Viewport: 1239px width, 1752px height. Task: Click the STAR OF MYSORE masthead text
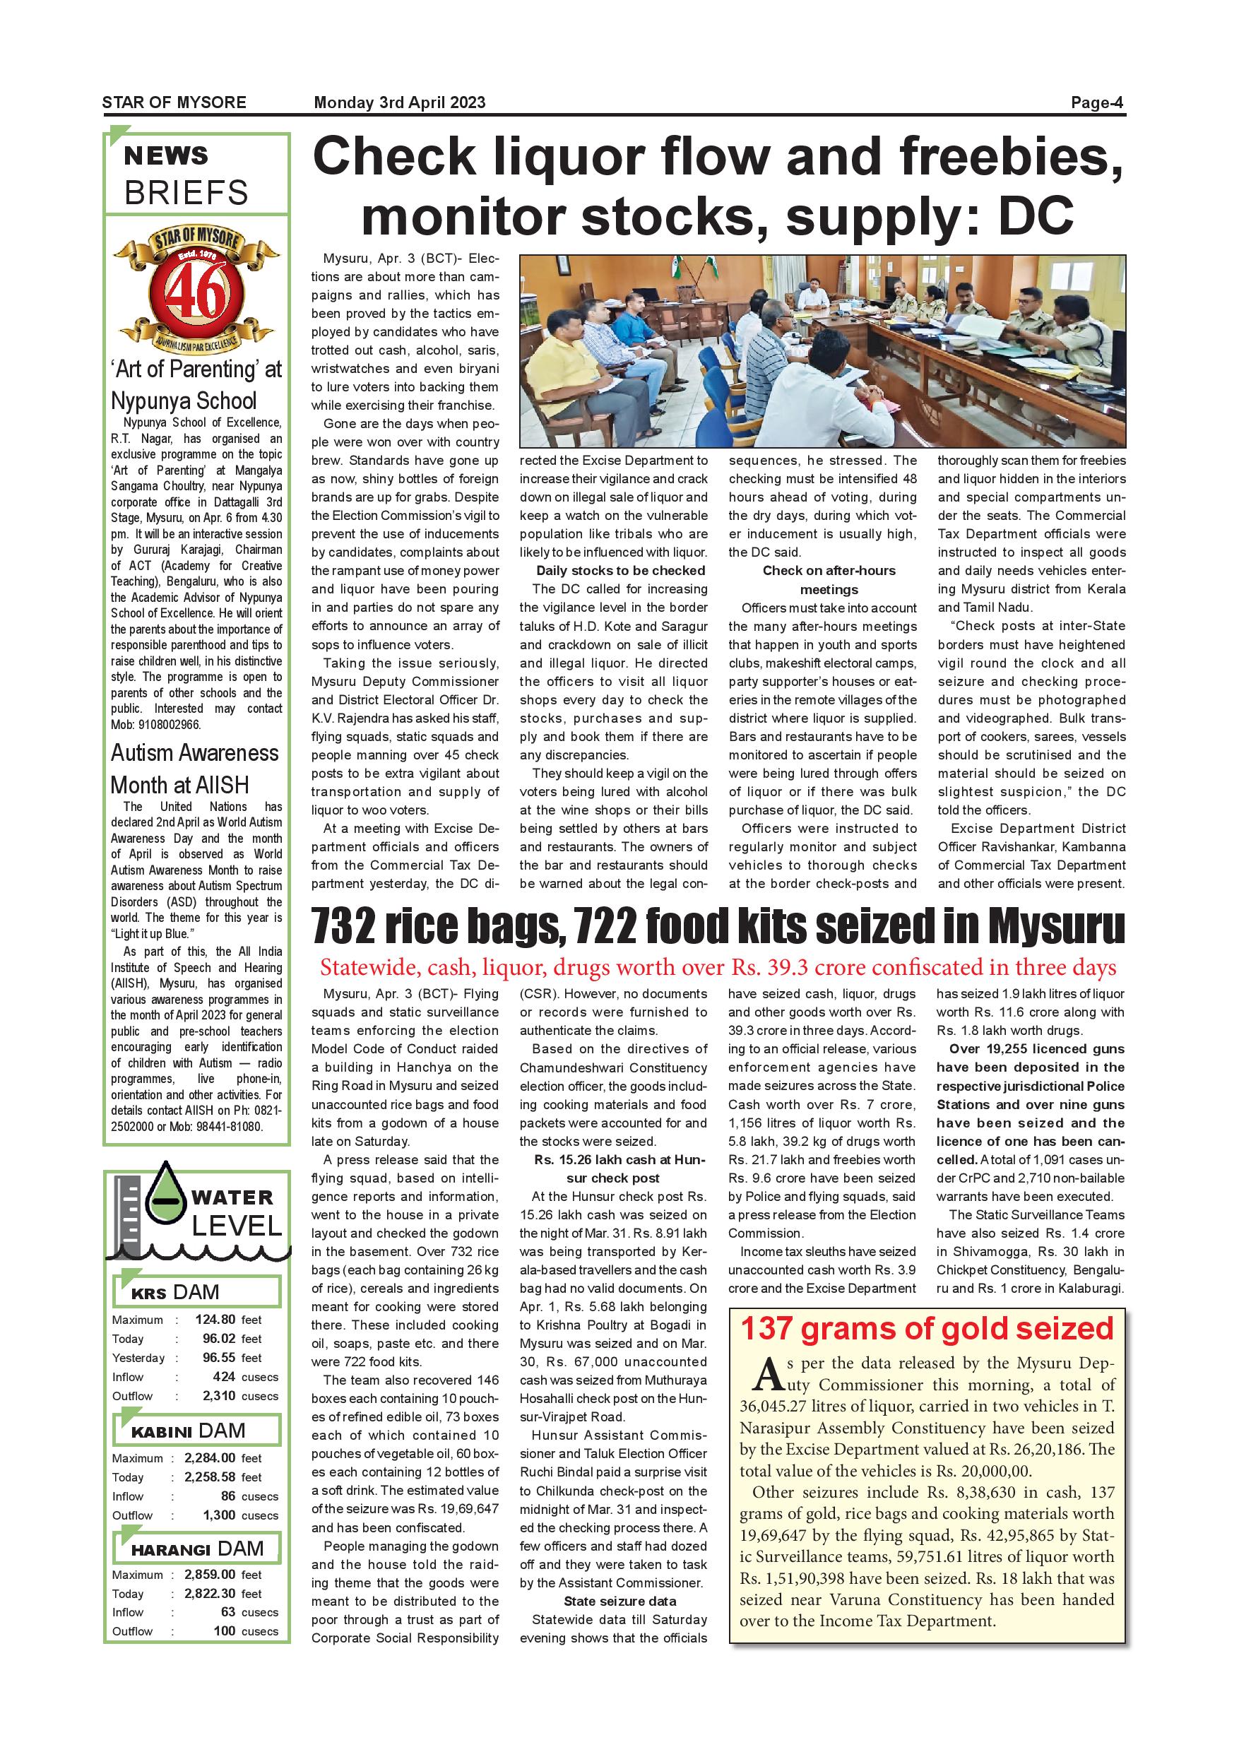174,103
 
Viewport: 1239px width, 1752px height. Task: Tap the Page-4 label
1097,103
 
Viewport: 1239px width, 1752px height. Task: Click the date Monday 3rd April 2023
399,103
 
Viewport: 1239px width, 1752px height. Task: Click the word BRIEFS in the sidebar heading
186,193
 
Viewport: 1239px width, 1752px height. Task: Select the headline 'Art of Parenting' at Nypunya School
196,384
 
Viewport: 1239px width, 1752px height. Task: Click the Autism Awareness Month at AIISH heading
194,769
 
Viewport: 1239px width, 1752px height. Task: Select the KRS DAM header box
197,1292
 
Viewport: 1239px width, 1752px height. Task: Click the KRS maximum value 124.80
215,1320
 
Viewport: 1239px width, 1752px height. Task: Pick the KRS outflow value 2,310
218,1396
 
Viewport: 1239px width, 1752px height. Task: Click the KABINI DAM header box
197,1430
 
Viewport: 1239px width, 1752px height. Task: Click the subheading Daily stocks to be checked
620,571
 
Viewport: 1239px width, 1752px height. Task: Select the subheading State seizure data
619,1601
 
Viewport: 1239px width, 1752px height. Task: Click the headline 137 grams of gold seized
927,1329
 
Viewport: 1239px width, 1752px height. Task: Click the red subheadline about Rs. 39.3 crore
718,968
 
